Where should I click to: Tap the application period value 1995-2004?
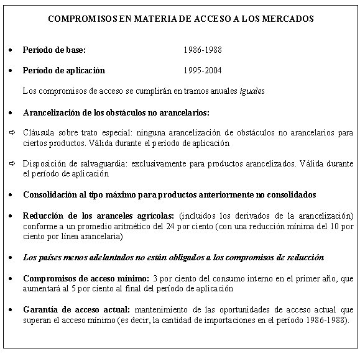[203, 70]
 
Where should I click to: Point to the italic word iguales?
[252, 91]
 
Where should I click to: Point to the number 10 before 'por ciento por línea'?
[338, 226]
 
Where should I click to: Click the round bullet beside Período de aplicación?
[12, 70]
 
